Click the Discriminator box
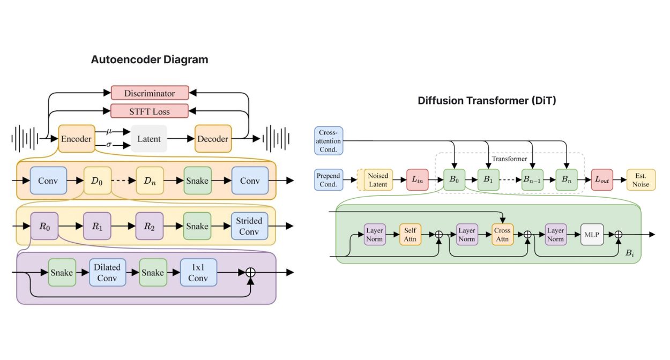(x=150, y=93)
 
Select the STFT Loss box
(x=150, y=111)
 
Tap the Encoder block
(x=76, y=139)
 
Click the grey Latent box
(x=149, y=139)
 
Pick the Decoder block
(x=213, y=139)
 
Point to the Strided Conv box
(x=249, y=226)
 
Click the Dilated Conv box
(x=107, y=272)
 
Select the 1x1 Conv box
(x=198, y=272)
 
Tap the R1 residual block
(x=97, y=226)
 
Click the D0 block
(x=97, y=181)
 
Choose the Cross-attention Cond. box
(x=328, y=141)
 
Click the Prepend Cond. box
(x=328, y=180)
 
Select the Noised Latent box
(x=378, y=180)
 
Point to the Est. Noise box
(x=641, y=180)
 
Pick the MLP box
(x=595, y=235)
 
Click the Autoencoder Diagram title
(x=150, y=60)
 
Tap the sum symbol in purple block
(x=250, y=272)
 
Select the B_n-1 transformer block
(x=533, y=180)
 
